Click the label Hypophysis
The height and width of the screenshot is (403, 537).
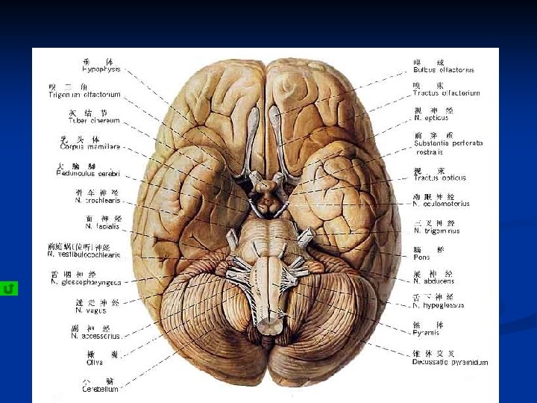coord(101,69)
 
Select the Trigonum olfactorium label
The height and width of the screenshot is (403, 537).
coord(85,95)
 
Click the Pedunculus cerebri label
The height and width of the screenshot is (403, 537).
coord(88,173)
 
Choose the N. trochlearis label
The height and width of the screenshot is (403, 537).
coord(97,200)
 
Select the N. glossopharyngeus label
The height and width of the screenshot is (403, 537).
coord(86,282)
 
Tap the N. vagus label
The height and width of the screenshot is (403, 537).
coord(90,310)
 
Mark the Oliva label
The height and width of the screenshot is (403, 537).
coord(95,363)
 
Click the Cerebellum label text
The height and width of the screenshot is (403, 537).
coord(100,389)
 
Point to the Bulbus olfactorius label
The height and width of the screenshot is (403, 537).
coord(443,70)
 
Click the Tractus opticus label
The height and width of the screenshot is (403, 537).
coord(439,178)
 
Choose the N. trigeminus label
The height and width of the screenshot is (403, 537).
coord(436,231)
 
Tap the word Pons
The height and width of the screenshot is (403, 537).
coord(421,257)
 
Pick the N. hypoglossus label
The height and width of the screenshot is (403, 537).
coord(439,305)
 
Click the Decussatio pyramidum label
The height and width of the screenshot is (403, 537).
coord(450,362)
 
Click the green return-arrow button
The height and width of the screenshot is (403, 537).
coord(9,288)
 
